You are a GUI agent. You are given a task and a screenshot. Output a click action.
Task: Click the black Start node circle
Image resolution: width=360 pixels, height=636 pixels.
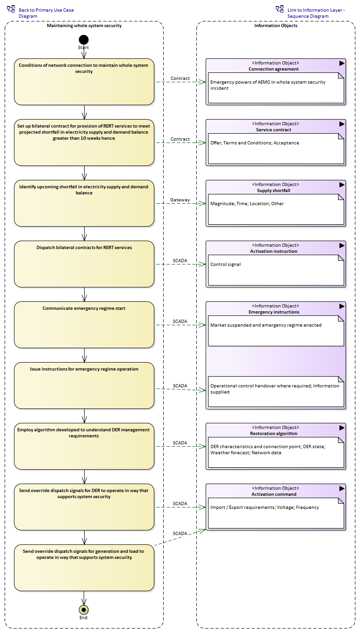click(x=84, y=40)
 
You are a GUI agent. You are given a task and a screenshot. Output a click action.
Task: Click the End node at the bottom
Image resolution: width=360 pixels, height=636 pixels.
click(x=84, y=609)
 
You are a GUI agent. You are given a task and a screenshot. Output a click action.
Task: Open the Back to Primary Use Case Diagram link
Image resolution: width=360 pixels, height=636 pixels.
click(x=46, y=13)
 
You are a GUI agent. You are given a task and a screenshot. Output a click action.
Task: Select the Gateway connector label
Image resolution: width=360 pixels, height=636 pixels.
click(x=180, y=200)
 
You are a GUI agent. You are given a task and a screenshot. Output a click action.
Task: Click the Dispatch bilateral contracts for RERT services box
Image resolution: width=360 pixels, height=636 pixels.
click(x=84, y=264)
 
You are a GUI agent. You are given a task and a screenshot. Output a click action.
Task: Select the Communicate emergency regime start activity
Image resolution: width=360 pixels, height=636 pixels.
click(x=84, y=325)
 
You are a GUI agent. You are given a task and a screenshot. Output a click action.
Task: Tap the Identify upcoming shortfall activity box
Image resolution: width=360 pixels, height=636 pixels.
click(x=84, y=203)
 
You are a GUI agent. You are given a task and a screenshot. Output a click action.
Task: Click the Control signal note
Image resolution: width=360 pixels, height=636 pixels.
click(x=276, y=270)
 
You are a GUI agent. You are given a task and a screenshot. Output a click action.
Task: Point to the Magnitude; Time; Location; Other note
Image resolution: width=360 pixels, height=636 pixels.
click(x=276, y=209)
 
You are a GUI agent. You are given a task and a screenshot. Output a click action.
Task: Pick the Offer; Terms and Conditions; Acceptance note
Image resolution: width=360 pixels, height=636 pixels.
click(x=276, y=149)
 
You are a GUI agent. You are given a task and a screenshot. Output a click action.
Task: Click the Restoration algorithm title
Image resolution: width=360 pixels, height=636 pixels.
click(x=274, y=434)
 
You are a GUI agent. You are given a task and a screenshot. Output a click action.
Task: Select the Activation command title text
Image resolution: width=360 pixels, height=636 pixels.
click(x=274, y=494)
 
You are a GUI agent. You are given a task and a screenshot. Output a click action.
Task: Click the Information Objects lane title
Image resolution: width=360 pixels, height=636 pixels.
click(x=276, y=26)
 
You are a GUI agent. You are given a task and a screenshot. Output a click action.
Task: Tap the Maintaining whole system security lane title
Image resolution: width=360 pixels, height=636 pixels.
click(x=84, y=26)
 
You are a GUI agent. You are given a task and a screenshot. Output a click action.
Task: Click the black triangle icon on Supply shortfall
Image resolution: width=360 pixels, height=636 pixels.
click(x=342, y=185)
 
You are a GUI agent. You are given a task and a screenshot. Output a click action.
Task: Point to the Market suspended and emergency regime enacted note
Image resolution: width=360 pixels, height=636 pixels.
click(x=276, y=331)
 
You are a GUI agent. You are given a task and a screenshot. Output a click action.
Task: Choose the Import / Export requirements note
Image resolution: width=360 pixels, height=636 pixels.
click(x=276, y=513)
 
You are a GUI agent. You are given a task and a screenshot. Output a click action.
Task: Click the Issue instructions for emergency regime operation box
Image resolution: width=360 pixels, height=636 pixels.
click(x=84, y=386)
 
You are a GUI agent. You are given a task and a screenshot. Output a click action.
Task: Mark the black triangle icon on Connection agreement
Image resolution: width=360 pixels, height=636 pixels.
click(x=342, y=63)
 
